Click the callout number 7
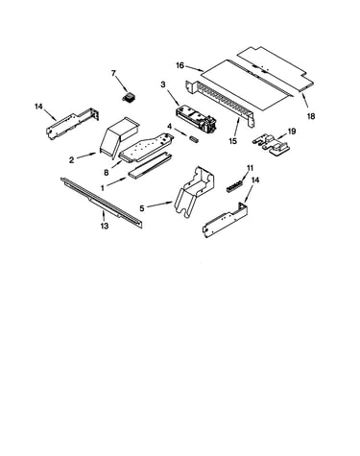click(113, 74)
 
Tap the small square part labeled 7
click(129, 97)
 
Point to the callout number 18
click(311, 116)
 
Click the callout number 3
click(163, 84)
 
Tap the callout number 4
click(170, 127)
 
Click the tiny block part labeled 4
click(193, 138)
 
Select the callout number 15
click(233, 141)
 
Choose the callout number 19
click(292, 132)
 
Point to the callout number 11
click(250, 168)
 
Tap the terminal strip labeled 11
click(234, 187)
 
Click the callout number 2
click(72, 159)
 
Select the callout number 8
click(107, 173)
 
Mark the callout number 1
click(103, 188)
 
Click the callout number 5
click(142, 208)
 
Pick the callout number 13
click(105, 226)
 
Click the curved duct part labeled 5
click(195, 192)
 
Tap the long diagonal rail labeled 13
click(102, 203)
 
